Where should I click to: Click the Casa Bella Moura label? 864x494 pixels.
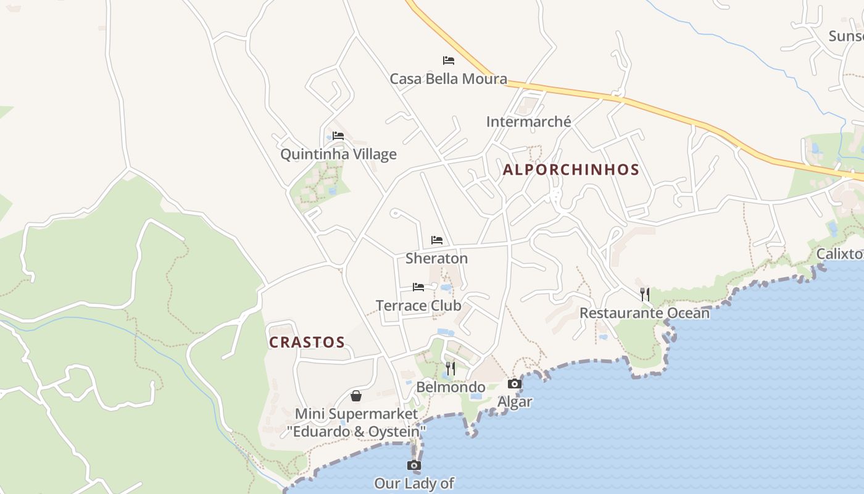click(448, 79)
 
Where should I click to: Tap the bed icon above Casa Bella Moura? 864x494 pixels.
click(449, 61)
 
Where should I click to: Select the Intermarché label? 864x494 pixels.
click(528, 122)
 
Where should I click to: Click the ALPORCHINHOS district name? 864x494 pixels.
click(571, 169)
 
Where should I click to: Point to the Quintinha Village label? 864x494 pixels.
click(338, 154)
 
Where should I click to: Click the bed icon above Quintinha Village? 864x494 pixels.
click(338, 136)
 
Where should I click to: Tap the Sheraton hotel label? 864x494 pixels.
click(436, 258)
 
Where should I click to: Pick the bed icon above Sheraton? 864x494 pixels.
click(437, 240)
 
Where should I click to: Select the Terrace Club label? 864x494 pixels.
click(418, 305)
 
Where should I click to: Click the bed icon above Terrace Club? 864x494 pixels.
click(418, 287)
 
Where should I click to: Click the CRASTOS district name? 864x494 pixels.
click(307, 342)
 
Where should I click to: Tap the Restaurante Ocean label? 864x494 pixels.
click(644, 312)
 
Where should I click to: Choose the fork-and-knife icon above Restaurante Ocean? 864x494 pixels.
click(645, 295)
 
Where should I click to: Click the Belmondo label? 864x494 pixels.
click(451, 387)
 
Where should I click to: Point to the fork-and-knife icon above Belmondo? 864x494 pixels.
click(451, 369)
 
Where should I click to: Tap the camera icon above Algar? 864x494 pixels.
click(515, 384)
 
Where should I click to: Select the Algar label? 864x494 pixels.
click(515, 402)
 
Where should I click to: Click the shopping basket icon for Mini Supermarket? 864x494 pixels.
click(356, 396)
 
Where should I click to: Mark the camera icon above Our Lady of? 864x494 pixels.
click(414, 466)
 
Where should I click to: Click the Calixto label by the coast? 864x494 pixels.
click(839, 254)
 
